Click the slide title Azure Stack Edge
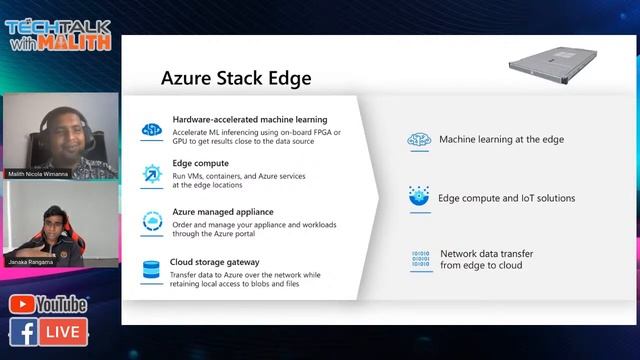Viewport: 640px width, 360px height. pyautogui.click(x=236, y=78)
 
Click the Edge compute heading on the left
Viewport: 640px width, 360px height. pyautogui.click(x=200, y=163)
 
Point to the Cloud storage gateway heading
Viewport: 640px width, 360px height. pyautogui.click(x=215, y=261)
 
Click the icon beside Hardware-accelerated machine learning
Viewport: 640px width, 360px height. pyautogui.click(x=152, y=129)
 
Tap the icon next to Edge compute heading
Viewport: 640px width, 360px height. pyautogui.click(x=152, y=173)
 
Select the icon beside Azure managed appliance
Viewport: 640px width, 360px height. pyautogui.click(x=152, y=221)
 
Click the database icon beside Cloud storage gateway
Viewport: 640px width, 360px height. pyautogui.click(x=152, y=269)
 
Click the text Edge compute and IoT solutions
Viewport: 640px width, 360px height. pyautogui.click(x=506, y=198)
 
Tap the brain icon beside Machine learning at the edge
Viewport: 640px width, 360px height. pyautogui.click(x=418, y=141)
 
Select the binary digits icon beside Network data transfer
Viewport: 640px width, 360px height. pyautogui.click(x=420, y=260)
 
